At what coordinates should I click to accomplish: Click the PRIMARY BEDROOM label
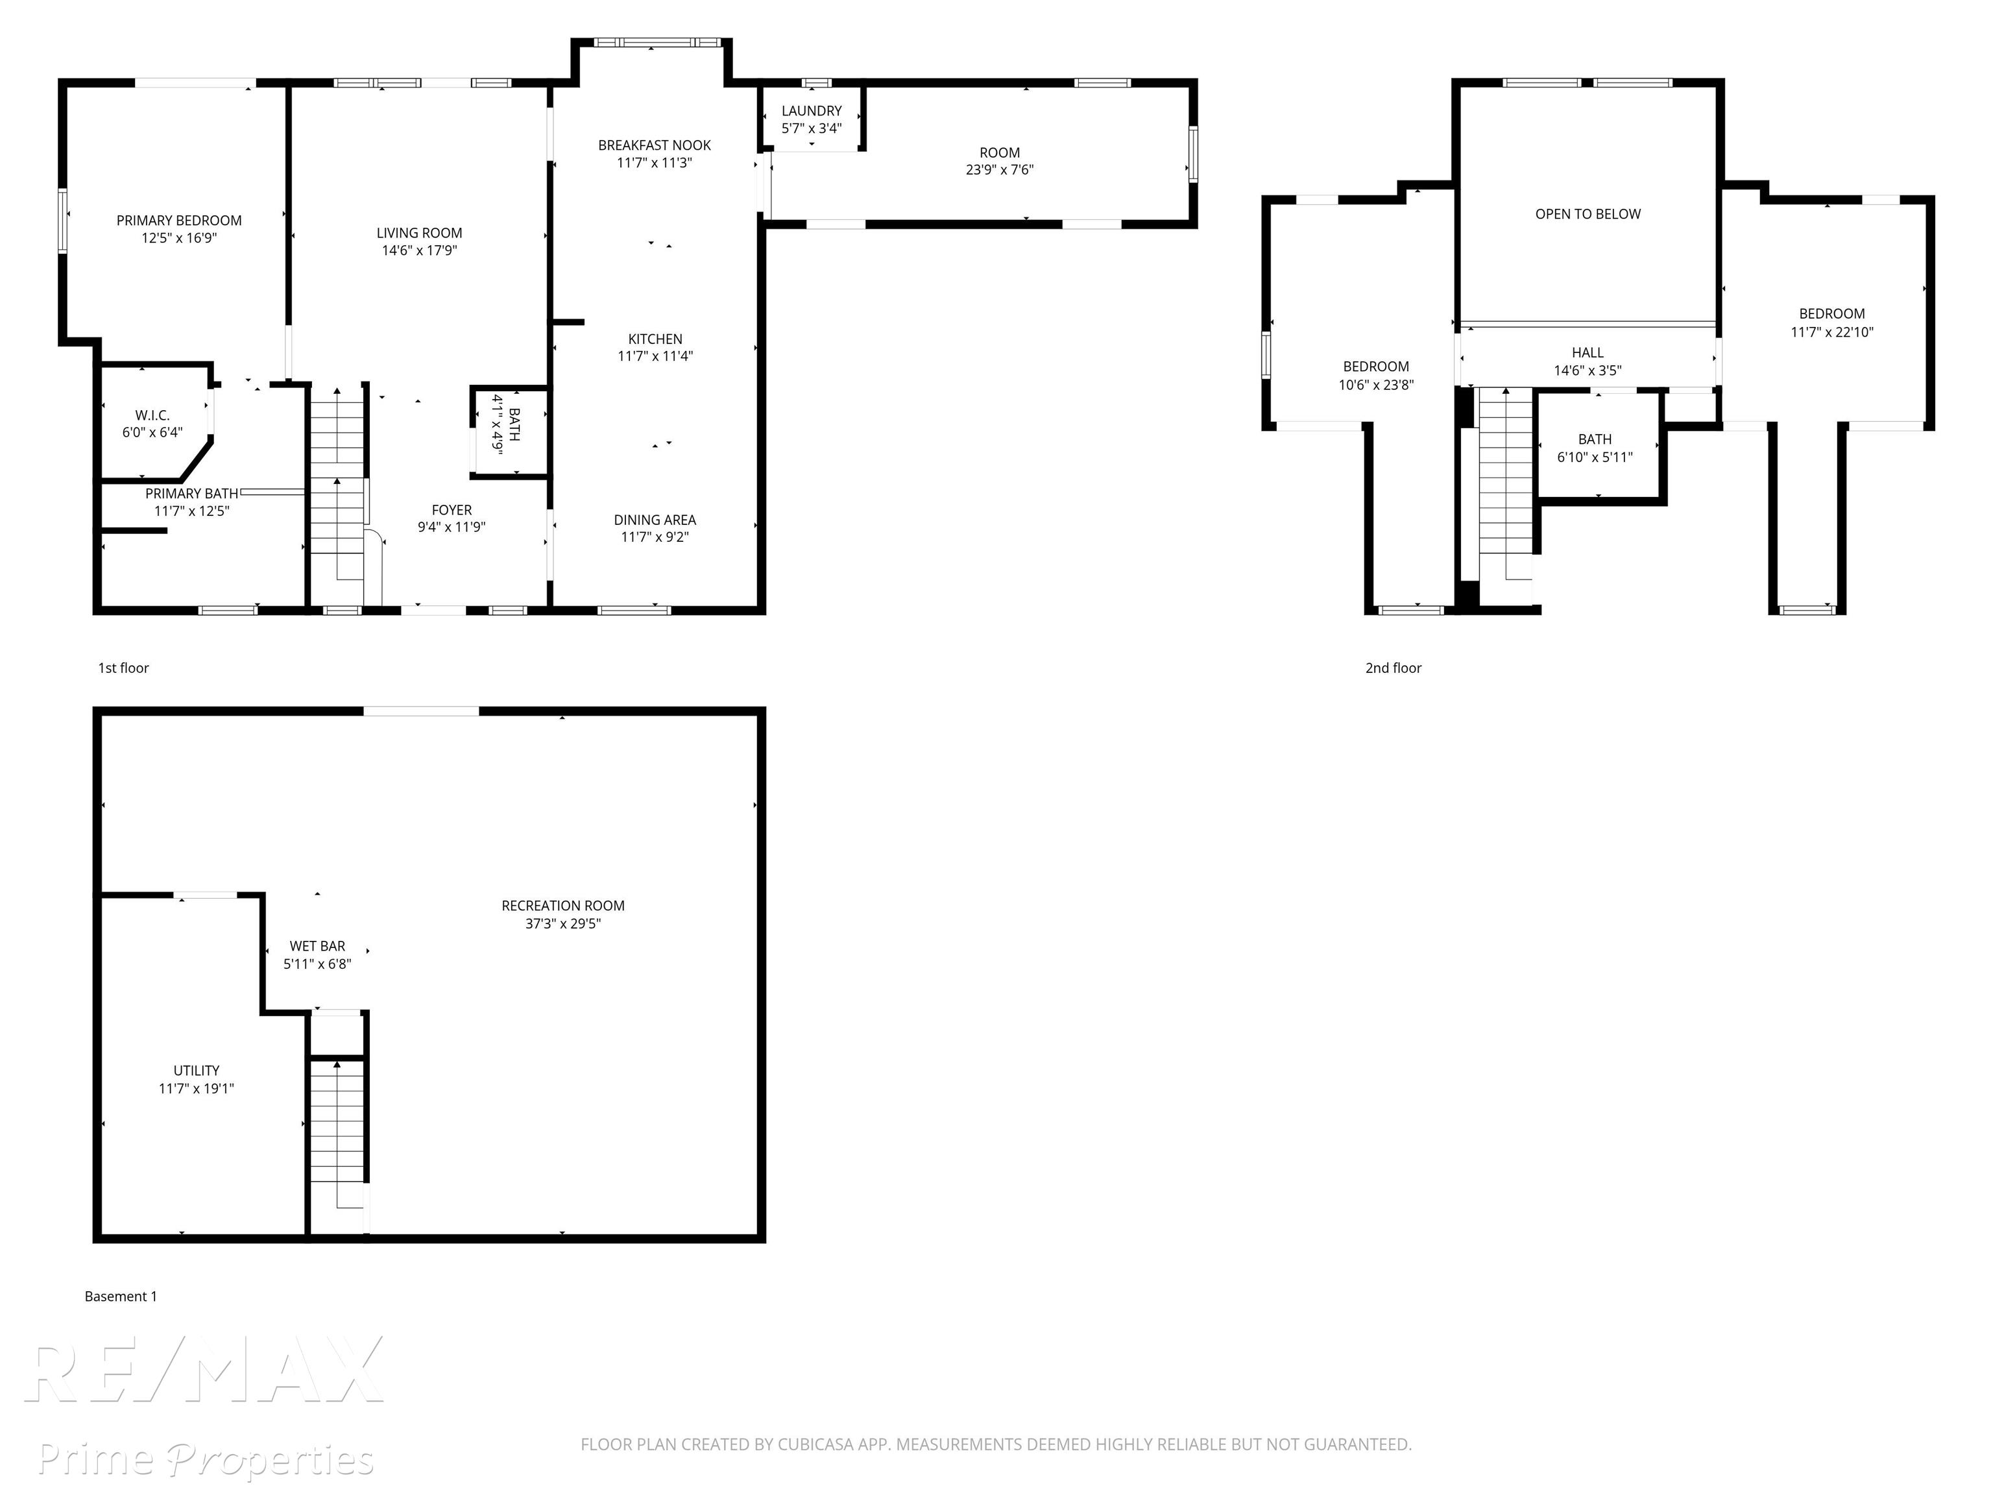tap(179, 221)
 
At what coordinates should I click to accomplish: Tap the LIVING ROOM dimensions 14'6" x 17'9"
tap(420, 250)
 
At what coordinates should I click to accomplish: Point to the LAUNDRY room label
tap(812, 111)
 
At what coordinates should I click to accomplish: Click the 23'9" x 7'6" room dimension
tap(1000, 169)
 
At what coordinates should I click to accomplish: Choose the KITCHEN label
tap(655, 339)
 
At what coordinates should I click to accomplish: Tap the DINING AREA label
tap(655, 520)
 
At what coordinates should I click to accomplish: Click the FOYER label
tap(452, 510)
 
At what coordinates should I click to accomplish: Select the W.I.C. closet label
tap(152, 415)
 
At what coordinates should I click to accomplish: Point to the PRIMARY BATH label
tap(192, 494)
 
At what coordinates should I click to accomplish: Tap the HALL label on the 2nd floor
tap(1588, 353)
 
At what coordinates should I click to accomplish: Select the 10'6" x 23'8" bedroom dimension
tap(1376, 385)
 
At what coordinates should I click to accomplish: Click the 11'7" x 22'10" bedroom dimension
tap(1831, 332)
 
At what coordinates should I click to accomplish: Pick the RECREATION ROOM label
tap(563, 906)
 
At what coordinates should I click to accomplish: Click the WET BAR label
tap(317, 946)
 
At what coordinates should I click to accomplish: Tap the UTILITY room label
tap(197, 1071)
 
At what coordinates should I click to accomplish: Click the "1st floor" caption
tap(123, 668)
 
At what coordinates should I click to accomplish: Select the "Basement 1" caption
tap(121, 1296)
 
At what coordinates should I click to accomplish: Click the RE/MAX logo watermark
tap(204, 1370)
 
